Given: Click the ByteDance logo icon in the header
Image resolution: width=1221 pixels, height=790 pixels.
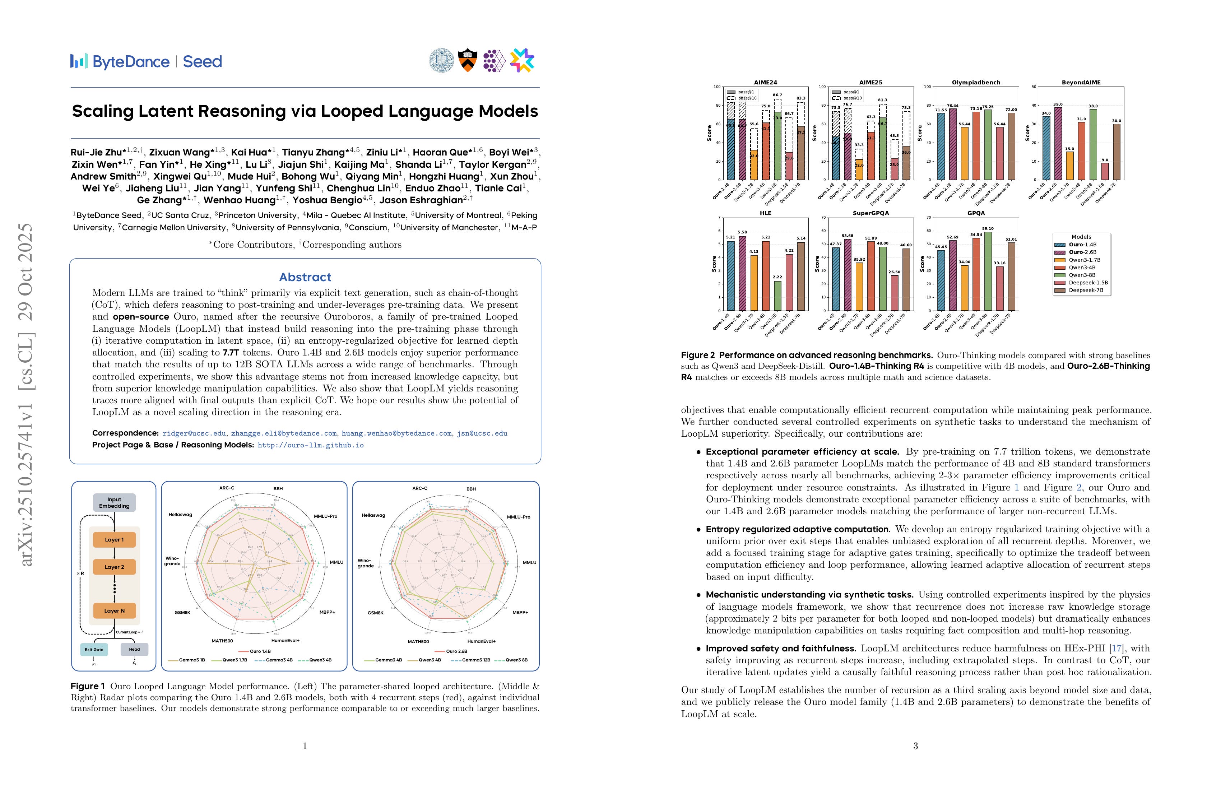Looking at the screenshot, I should tap(79, 61).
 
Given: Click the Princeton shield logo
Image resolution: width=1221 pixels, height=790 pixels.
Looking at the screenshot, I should tap(467, 61).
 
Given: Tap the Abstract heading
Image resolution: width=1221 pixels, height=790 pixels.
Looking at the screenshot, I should tap(305, 277).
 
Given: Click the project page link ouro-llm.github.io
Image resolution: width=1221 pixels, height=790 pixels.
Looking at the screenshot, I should tap(310, 445).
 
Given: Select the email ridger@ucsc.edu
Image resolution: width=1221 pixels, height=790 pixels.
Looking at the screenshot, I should tap(194, 433).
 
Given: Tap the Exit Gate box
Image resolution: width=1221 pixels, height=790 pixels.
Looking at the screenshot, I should tap(94, 650).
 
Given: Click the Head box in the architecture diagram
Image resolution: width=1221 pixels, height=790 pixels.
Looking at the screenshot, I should tap(134, 650).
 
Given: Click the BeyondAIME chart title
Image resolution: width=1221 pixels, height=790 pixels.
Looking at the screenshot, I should tap(1081, 83).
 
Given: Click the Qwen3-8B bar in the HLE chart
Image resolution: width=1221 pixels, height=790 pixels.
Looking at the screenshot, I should tap(778, 296).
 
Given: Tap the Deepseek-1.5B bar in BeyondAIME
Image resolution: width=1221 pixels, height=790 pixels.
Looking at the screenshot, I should tap(1105, 171).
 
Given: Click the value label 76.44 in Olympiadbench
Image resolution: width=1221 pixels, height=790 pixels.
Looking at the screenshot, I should tap(953, 106).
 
